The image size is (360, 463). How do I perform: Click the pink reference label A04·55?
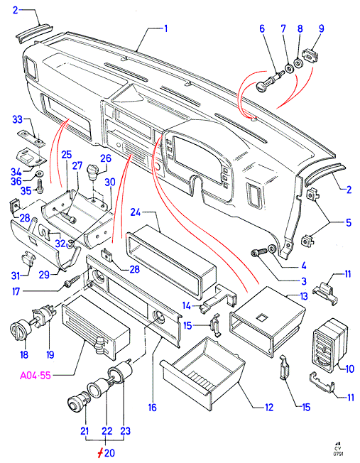point(36,376)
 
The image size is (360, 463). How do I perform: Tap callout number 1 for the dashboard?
point(165,28)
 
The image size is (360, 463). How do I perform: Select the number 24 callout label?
point(135,212)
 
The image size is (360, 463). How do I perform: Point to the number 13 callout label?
point(304,296)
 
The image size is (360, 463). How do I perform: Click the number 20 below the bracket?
point(109,452)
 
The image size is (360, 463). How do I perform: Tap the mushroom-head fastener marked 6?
point(269,82)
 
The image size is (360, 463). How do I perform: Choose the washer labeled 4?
point(272,249)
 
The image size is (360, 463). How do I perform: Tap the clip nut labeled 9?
point(311,55)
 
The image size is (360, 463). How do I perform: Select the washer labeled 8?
point(298,63)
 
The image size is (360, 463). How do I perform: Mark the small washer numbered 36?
point(39,173)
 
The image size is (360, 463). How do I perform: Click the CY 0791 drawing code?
point(337,449)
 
